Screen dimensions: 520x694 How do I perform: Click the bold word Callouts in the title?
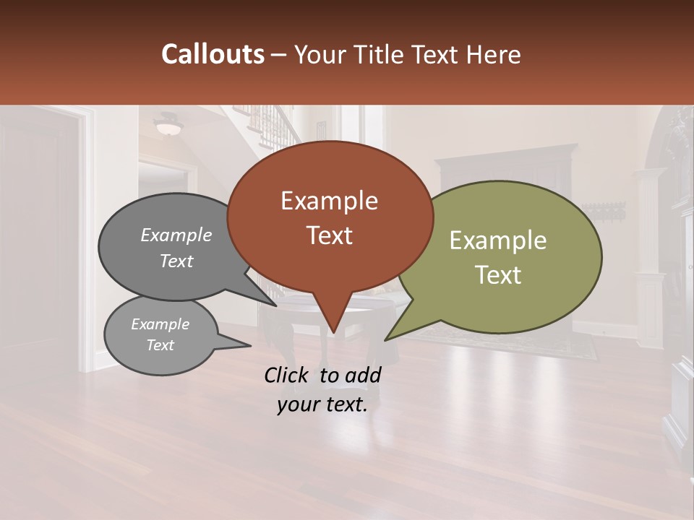coord(213,54)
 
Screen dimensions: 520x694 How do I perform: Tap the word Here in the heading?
coord(493,54)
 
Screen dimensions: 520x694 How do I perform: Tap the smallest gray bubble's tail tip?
coord(249,346)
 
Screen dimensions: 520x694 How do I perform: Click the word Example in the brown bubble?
coord(329,201)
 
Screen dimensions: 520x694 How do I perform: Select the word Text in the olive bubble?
coord(498,275)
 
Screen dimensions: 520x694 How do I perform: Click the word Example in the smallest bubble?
coord(160,324)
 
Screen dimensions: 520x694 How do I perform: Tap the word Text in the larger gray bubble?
coord(176,261)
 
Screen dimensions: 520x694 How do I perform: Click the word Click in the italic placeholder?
coord(288,375)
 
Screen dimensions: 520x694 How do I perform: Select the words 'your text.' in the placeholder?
coord(322,405)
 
